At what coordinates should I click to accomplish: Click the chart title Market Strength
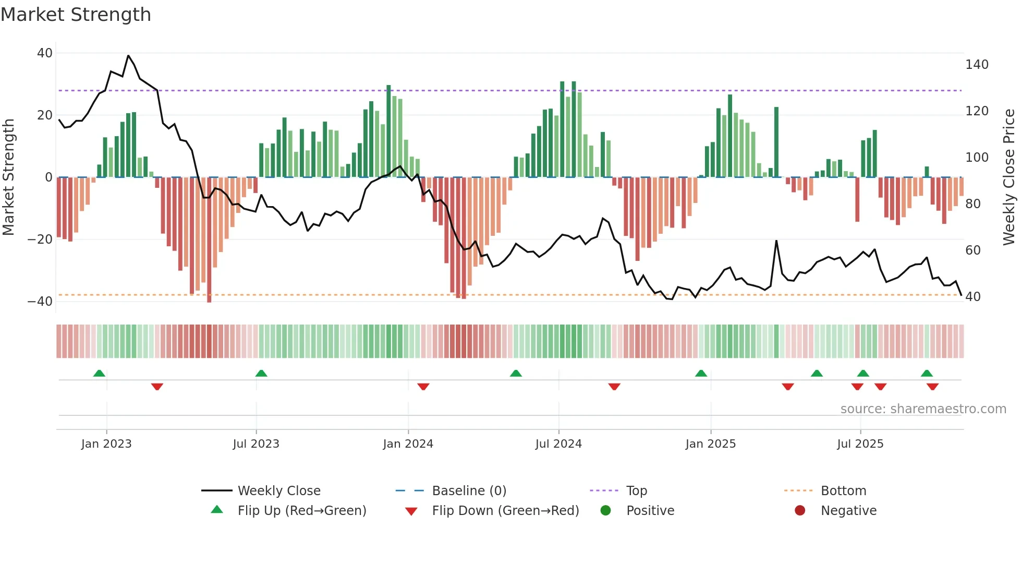(76, 15)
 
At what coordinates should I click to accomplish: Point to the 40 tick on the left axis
(45, 53)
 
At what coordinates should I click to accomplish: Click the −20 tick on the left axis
(40, 239)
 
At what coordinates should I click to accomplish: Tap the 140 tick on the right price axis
(977, 65)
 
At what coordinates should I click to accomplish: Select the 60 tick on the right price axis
(973, 250)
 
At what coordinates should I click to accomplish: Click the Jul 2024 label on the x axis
(558, 444)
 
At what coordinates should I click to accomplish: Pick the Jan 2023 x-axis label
(106, 444)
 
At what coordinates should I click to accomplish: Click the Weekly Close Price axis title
(1009, 177)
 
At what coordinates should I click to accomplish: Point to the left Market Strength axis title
(8, 177)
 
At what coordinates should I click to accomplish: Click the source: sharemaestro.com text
(923, 409)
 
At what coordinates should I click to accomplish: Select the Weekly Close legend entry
(279, 491)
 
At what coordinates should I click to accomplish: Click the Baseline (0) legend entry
(469, 491)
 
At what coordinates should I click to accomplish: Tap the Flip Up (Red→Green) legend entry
(302, 511)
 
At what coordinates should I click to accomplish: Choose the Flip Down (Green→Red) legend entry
(505, 511)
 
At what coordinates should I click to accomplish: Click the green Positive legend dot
(605, 510)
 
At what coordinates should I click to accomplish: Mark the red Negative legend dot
(800, 510)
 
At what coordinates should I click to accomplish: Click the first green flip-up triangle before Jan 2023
(99, 373)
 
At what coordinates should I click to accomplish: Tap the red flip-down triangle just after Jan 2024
(423, 387)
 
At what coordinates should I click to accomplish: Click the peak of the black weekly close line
(128, 55)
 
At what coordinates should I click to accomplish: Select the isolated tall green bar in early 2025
(776, 142)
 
